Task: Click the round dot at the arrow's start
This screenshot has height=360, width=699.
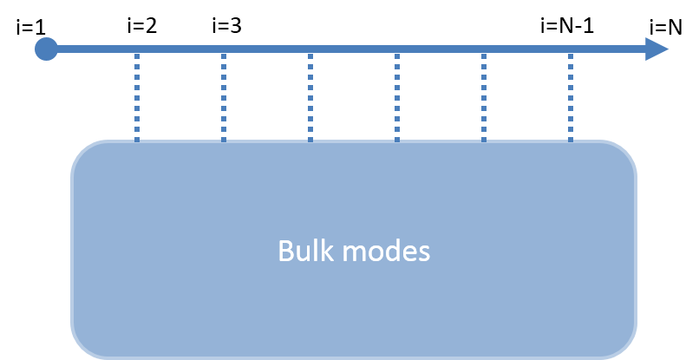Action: coord(46,49)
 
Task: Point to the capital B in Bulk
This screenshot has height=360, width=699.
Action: coord(285,252)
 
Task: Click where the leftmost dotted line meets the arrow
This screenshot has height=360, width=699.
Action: coord(137,50)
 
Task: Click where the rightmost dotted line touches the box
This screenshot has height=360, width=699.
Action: coord(571,140)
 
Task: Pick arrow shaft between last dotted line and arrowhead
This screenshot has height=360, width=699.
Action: coord(607,49)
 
